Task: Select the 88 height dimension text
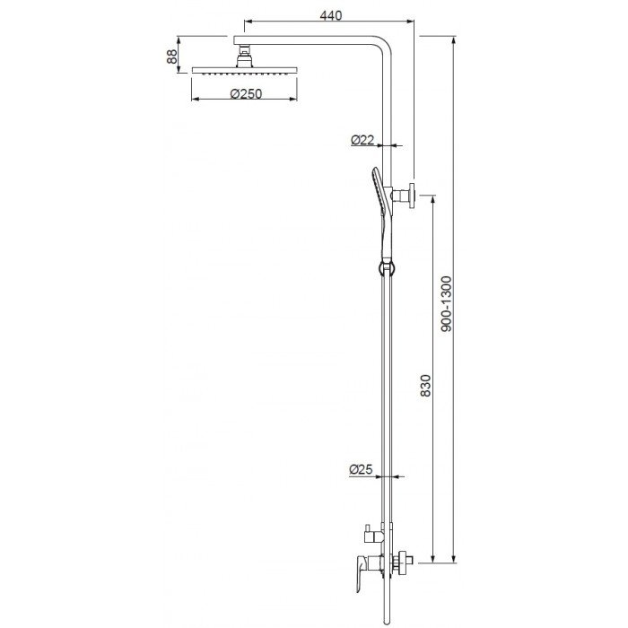pos(171,57)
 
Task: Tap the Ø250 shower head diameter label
pos(245,94)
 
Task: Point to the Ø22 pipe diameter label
pos(362,140)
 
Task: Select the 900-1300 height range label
pos(448,305)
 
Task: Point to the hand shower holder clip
pos(384,267)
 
